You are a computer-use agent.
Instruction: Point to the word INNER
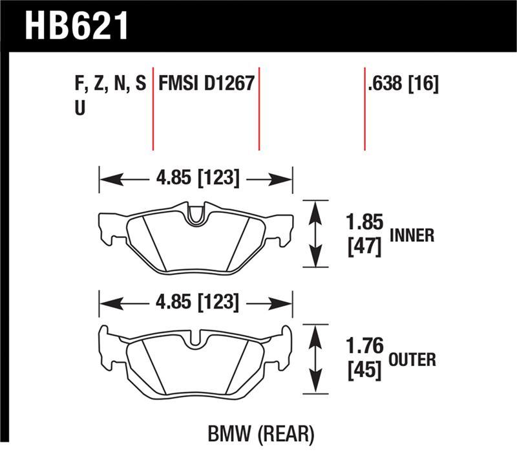click(412, 235)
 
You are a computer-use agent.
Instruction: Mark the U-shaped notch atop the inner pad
click(195, 216)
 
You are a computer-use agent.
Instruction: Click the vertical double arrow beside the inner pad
click(314, 233)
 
